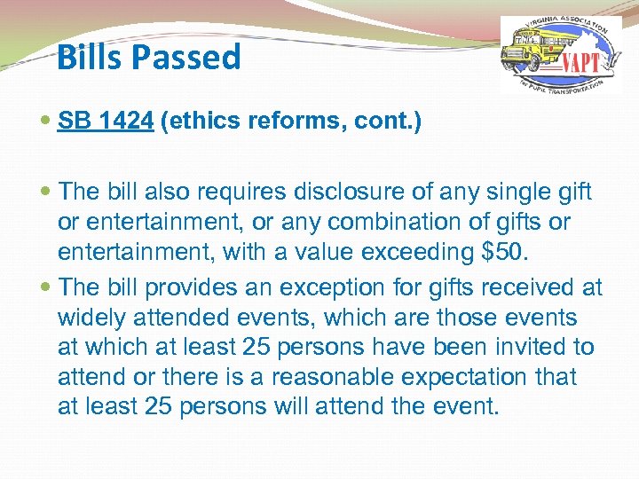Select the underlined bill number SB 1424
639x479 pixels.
click(106, 121)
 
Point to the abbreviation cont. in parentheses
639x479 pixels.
click(388, 121)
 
